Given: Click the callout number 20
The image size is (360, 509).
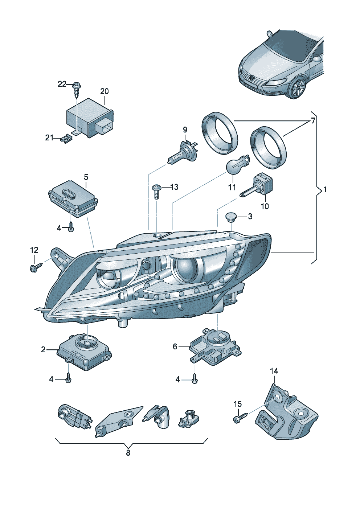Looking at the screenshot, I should (x=104, y=91).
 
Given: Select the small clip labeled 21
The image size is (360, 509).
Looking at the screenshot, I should (x=67, y=138).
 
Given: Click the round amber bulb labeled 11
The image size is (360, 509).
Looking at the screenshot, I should (x=236, y=165).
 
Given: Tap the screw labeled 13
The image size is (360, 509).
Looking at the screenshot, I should (x=156, y=191).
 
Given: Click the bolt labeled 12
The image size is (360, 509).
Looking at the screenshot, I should (x=35, y=268).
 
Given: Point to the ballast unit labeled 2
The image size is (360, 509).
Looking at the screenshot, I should (x=85, y=352).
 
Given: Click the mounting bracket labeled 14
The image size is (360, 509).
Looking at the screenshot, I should (x=286, y=414).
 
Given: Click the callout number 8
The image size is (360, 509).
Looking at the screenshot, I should (x=128, y=453).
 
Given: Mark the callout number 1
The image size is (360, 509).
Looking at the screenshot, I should (x=325, y=190).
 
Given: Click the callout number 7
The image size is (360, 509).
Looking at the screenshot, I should (x=313, y=121).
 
